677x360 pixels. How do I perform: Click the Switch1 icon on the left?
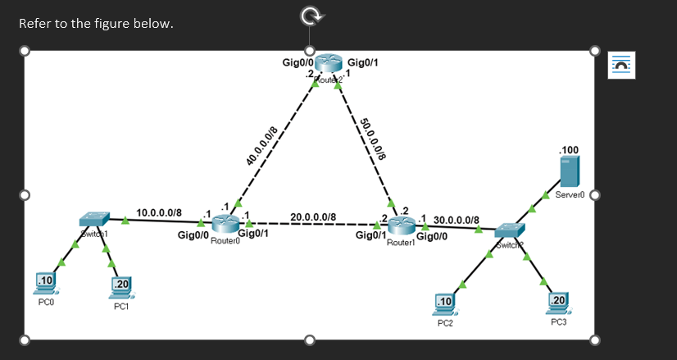coord(94,220)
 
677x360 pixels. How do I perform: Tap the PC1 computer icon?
coord(121,286)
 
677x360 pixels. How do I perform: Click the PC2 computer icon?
coord(445,303)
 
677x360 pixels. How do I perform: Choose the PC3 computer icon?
coord(559,302)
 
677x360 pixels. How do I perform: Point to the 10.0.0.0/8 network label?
coord(159,213)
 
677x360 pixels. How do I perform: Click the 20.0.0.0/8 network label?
coord(313,217)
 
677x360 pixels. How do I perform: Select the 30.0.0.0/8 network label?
coord(457,220)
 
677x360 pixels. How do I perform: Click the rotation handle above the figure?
coord(310,15)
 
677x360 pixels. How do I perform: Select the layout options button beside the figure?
coord(621,65)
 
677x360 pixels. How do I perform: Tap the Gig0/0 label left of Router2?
coord(294,62)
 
